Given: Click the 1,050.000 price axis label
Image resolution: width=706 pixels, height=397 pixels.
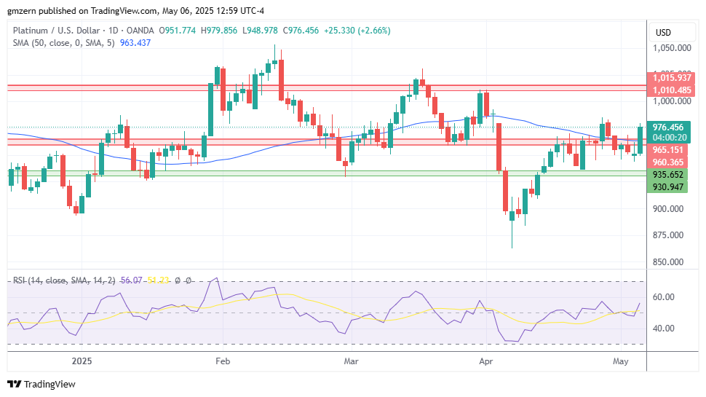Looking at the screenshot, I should pyautogui.click(x=672, y=48).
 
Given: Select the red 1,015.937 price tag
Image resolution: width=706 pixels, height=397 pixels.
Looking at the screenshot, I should pyautogui.click(x=672, y=77).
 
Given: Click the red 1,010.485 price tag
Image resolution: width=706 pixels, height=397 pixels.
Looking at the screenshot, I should pyautogui.click(x=672, y=90).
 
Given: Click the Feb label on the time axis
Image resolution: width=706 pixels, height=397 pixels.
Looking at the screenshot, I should pyautogui.click(x=223, y=361).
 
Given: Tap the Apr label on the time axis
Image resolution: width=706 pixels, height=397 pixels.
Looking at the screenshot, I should pyautogui.click(x=485, y=361).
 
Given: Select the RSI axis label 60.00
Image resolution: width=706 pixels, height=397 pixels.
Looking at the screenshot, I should pyautogui.click(x=664, y=297).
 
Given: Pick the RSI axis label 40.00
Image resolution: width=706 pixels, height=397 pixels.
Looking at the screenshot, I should pyautogui.click(x=664, y=329).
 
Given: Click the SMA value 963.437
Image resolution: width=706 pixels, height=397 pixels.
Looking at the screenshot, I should pyautogui.click(x=134, y=43).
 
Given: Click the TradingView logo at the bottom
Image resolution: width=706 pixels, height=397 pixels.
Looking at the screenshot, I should pyautogui.click(x=41, y=384).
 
